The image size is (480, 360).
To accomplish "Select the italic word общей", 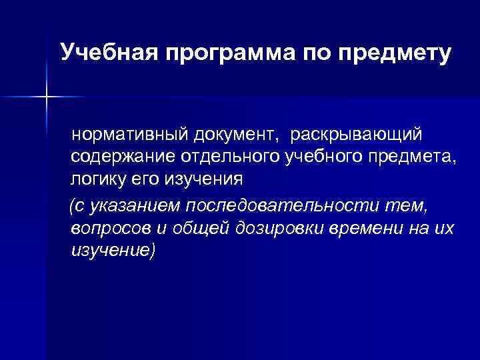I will point(201,229).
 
